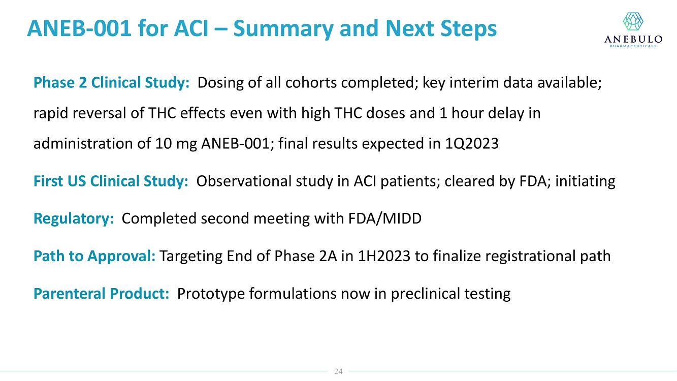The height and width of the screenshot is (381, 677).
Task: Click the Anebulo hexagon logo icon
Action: [x=633, y=21]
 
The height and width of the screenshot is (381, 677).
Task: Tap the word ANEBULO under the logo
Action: [x=633, y=39]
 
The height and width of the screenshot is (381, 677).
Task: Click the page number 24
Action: [x=338, y=371]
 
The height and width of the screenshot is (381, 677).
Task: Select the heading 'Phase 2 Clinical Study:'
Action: [x=111, y=82]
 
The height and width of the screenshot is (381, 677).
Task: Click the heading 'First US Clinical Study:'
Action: [x=111, y=181]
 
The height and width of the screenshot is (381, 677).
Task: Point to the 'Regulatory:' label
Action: [x=74, y=218]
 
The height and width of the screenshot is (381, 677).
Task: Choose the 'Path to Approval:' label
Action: [x=94, y=256]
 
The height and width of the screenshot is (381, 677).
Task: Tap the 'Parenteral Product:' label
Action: [x=101, y=293]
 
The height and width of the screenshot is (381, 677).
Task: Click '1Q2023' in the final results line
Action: [x=471, y=143]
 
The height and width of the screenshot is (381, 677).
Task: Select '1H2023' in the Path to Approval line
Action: [x=384, y=256]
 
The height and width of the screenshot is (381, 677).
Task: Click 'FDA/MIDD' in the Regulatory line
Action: [x=385, y=218]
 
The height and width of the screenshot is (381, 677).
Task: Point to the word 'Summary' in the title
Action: [x=283, y=29]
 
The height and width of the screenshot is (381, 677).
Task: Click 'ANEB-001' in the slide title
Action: [x=79, y=28]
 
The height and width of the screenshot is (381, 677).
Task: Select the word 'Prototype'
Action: [x=211, y=294]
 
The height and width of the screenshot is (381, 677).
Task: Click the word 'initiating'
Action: [x=585, y=181]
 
